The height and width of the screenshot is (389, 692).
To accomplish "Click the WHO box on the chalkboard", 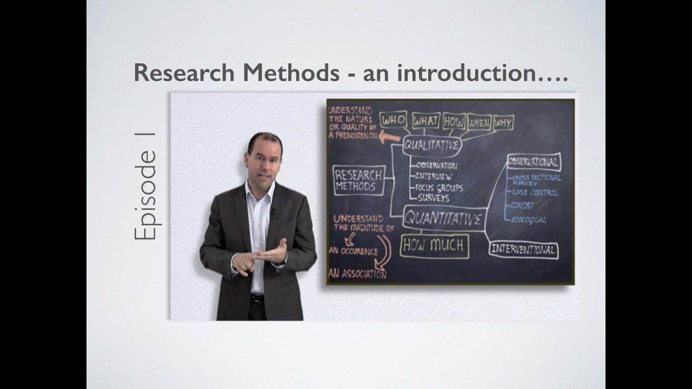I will pos(394,120).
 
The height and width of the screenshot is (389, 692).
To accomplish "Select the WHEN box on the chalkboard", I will pos(478,122).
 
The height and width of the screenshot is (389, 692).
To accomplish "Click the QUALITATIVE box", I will pos(432,145).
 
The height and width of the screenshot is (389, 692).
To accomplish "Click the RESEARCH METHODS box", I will pos(358,180).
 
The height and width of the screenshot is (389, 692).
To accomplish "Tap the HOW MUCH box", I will pos(434,246).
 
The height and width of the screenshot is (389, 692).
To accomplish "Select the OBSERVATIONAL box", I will pos(533,162).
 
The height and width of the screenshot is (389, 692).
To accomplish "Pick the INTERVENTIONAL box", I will pos(523,250).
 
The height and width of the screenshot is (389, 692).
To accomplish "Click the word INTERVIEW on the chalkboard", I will pos(434,176).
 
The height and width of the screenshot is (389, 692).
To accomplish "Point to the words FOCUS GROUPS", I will pos(439,187).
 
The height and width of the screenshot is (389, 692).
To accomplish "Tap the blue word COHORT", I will pos(522,206).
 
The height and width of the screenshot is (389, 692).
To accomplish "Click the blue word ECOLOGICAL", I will pos(528,220).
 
